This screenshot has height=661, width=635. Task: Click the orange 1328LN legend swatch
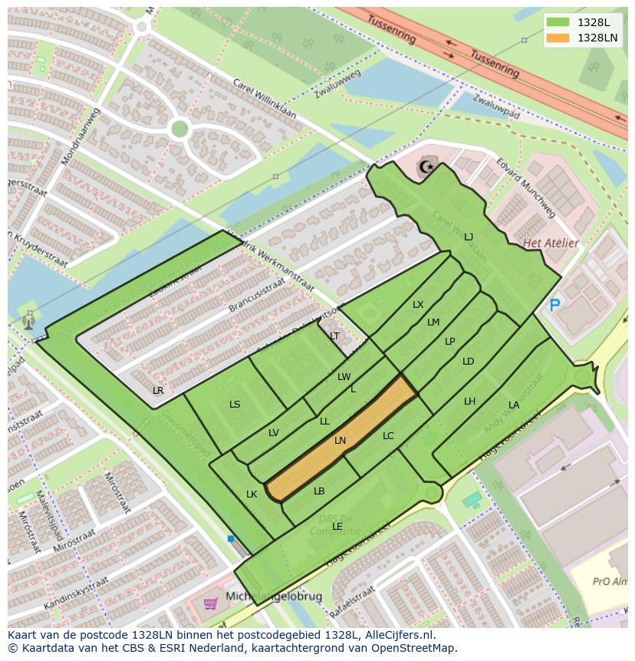(558, 38)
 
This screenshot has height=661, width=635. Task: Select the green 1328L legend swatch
(558, 22)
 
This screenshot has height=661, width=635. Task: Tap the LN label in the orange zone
(340, 441)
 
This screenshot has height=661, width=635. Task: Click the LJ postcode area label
(468, 237)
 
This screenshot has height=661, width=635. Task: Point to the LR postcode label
(158, 391)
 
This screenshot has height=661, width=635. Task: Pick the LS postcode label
(235, 405)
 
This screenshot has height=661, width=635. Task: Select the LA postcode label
(513, 405)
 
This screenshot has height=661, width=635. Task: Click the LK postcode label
(252, 494)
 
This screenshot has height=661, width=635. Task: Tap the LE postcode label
(337, 526)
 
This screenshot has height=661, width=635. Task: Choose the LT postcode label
(334, 336)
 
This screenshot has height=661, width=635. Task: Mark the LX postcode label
(418, 305)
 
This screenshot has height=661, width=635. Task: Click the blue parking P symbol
(554, 306)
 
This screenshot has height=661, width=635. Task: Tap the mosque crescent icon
(424, 167)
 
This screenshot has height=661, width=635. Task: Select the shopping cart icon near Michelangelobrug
(210, 603)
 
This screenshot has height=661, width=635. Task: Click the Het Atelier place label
(550, 243)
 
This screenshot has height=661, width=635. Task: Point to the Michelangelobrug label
(274, 597)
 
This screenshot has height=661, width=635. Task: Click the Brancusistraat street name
(256, 296)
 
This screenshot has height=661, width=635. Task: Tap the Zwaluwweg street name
(337, 85)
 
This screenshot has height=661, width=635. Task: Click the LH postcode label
(469, 402)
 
